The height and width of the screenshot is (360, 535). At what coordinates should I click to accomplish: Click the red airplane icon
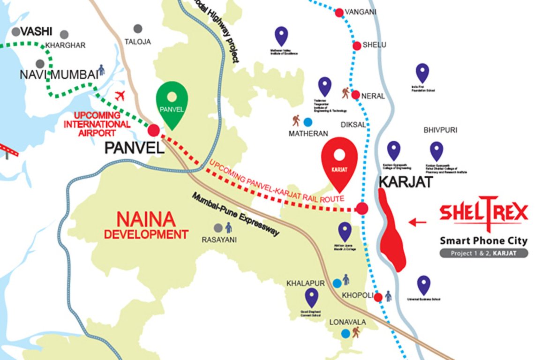tap(121, 96)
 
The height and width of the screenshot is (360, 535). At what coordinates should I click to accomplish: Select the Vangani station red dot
tap(339, 13)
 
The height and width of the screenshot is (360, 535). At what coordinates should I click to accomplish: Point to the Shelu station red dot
tap(356, 45)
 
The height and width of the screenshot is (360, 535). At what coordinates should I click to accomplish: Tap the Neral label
tap(373, 96)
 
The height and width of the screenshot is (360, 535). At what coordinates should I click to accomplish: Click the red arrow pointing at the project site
tap(417, 222)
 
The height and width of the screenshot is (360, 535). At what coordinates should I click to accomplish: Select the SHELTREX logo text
tap(483, 213)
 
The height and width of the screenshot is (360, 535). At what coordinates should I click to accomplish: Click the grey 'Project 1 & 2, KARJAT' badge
tap(483, 253)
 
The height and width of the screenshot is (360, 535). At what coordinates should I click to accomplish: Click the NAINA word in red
tap(146, 219)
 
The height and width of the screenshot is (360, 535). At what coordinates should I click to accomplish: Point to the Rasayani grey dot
tap(218, 228)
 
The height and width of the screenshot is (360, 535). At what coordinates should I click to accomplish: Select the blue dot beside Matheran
tap(308, 122)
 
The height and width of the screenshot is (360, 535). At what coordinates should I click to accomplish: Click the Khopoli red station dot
tap(378, 297)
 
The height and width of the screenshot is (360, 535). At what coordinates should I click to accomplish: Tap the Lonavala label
tap(347, 322)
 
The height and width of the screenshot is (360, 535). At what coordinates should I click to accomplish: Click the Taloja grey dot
tap(137, 29)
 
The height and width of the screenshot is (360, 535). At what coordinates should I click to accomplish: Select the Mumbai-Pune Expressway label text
tap(235, 214)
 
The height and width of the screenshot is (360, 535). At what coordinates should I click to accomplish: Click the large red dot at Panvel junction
tap(153, 130)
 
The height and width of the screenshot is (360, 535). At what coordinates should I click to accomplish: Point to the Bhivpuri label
tap(440, 130)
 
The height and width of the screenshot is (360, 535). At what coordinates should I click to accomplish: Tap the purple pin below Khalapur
tap(311, 296)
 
